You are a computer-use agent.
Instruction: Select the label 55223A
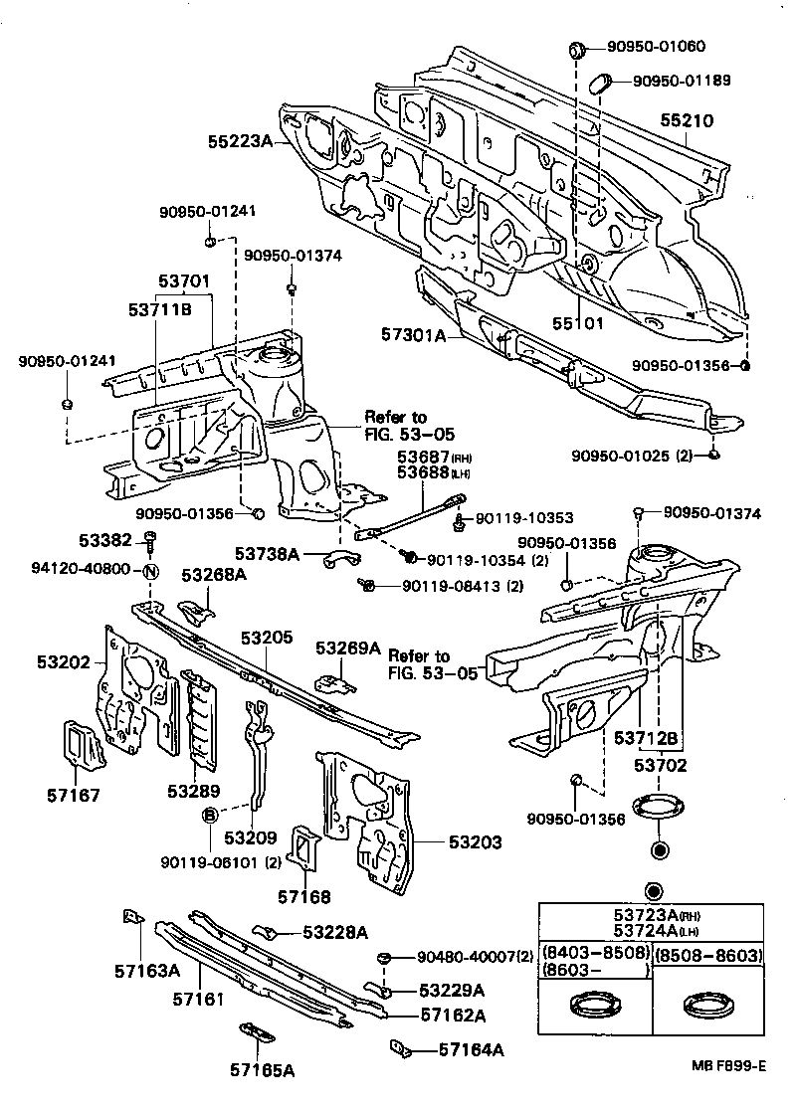click(x=240, y=142)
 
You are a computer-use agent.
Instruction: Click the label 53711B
click(x=159, y=310)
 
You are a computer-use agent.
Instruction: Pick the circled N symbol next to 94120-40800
click(x=150, y=571)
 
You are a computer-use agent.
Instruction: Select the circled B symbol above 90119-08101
click(x=210, y=816)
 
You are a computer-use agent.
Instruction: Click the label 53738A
click(x=268, y=552)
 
